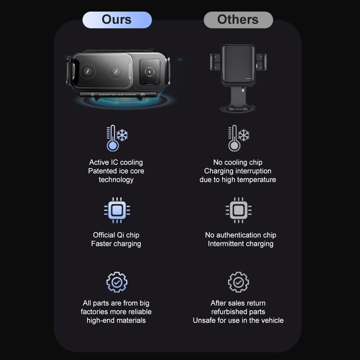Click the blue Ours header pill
(x=117, y=20)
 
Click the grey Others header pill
(x=238, y=20)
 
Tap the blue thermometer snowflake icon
(x=117, y=138)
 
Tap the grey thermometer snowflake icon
(x=239, y=138)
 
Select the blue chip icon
(x=117, y=210)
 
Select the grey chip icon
(x=239, y=210)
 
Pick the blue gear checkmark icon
(x=117, y=282)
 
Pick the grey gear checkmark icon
(x=239, y=282)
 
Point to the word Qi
(x=121, y=235)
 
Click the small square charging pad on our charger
(x=150, y=72)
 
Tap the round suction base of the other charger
(x=238, y=108)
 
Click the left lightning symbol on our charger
(x=88, y=71)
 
